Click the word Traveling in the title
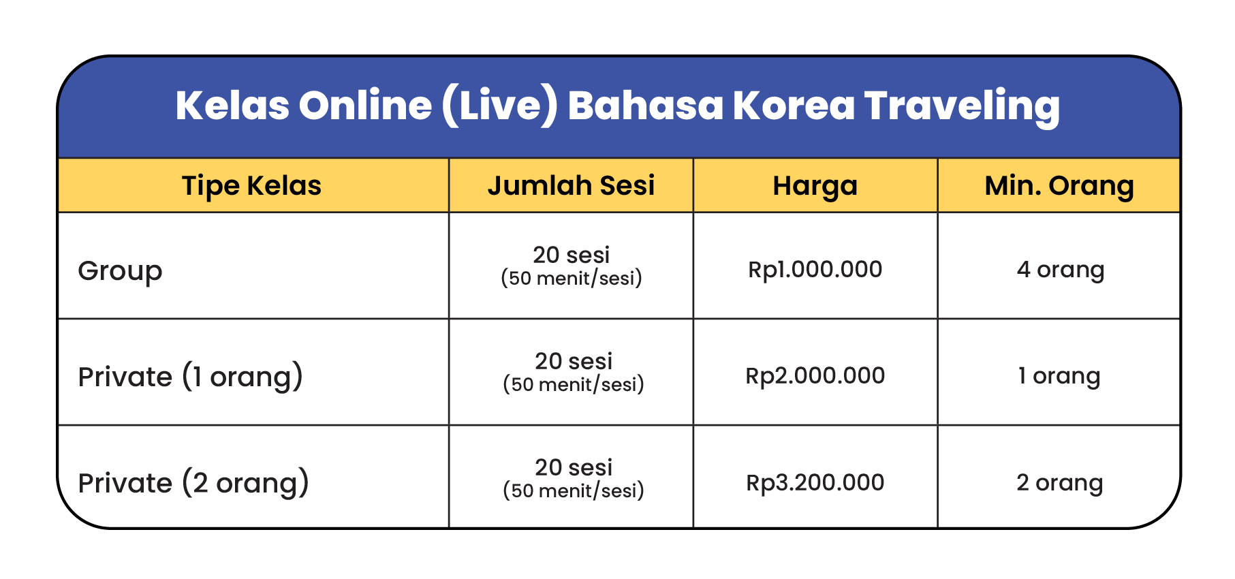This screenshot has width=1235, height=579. click(962, 106)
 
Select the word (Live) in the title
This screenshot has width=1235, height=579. click(500, 106)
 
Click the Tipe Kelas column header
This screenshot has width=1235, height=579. click(251, 185)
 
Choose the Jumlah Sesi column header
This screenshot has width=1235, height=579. click(571, 185)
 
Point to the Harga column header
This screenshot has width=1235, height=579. click(815, 186)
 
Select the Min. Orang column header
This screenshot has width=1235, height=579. click(1059, 186)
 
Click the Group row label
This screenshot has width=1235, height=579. click(120, 271)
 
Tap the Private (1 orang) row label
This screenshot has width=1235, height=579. click(191, 377)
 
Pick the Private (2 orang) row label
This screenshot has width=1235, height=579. click(193, 483)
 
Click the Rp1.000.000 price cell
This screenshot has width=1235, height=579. click(815, 270)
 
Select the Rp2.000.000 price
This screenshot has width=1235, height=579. click(815, 376)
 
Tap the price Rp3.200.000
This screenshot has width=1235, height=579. click(815, 482)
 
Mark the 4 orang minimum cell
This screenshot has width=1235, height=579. click(1060, 270)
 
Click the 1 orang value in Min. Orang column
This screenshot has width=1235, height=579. click(1059, 377)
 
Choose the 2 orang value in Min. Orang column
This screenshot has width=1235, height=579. click(1059, 483)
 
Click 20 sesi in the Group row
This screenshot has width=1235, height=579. click(571, 255)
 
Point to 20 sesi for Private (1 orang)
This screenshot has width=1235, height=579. click(573, 361)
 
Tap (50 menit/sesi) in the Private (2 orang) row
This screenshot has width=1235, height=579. click(573, 490)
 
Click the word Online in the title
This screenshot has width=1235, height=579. click(365, 106)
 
